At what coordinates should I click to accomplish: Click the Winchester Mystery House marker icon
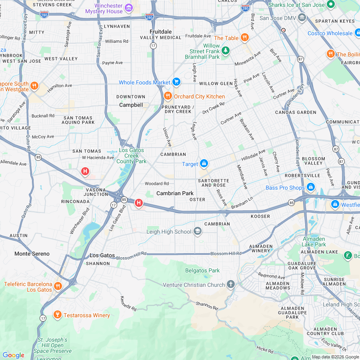click(x=129, y=8)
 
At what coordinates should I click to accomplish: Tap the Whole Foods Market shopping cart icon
click(x=176, y=82)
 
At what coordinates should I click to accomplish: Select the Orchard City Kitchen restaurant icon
click(x=168, y=96)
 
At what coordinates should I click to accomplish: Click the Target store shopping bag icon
click(x=204, y=164)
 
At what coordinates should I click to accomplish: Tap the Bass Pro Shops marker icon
click(x=311, y=187)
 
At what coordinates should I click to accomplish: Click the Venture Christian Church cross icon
click(x=230, y=284)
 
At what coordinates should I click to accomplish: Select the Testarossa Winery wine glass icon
click(x=57, y=315)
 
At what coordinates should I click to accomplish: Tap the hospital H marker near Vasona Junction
click(x=139, y=203)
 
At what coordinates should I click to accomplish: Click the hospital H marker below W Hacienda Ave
click(x=85, y=172)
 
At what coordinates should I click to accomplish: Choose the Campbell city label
click(x=131, y=105)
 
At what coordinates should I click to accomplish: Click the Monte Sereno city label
click(x=32, y=254)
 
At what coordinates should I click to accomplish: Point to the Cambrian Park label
click(x=175, y=193)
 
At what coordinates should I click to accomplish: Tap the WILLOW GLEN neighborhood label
click(x=216, y=84)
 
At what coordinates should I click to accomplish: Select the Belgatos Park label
click(x=202, y=270)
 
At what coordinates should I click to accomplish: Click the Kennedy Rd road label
click(x=128, y=304)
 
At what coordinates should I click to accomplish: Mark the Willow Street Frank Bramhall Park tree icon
click(x=226, y=50)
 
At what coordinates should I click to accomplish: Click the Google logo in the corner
click(x=13, y=355)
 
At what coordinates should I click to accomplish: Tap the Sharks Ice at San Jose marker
click(x=330, y=5)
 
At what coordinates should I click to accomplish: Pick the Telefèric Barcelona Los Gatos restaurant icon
click(x=58, y=286)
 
